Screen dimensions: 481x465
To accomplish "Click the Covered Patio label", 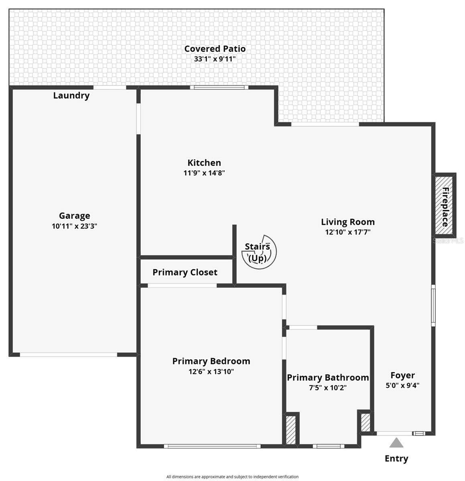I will (x=215, y=49).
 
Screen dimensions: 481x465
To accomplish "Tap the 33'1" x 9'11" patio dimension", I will (x=215, y=59).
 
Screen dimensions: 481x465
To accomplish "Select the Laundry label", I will (x=71, y=95).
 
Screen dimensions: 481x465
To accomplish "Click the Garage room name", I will (x=74, y=216).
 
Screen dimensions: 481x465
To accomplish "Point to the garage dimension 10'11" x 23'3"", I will (x=74, y=226).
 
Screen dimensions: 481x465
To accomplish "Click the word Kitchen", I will (x=204, y=163).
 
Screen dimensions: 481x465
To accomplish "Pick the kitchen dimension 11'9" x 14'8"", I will (x=204, y=173).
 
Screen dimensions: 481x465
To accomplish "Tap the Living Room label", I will (x=347, y=222).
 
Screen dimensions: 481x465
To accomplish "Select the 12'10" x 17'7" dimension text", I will (x=347, y=232).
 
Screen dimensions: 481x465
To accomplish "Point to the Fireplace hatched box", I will (x=445, y=205).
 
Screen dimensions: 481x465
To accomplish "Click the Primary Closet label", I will (x=185, y=273).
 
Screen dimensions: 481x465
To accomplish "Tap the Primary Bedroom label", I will (x=211, y=361).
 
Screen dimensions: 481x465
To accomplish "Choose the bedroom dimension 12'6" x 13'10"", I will (x=211, y=372).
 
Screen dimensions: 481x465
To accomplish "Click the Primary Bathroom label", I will (x=328, y=378).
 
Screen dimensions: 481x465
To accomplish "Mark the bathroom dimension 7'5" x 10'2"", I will (x=328, y=388).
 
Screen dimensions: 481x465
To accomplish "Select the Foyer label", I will (x=402, y=375).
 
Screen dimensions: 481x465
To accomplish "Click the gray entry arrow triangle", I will (x=396, y=443).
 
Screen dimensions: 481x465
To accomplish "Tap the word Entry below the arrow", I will (x=396, y=459).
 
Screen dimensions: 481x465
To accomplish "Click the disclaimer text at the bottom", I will (x=232, y=477).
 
